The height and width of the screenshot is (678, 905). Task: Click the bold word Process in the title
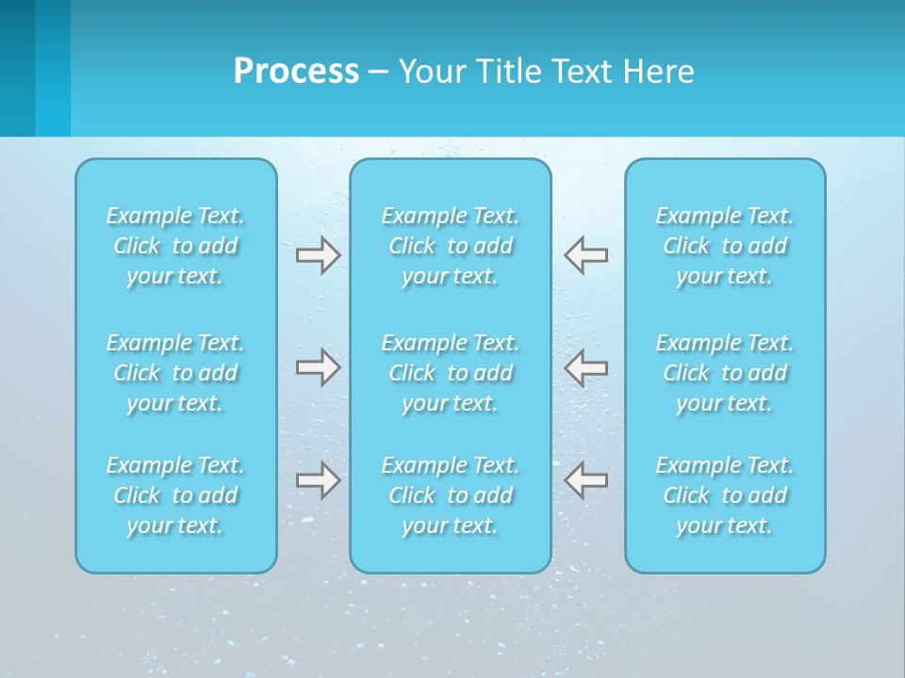(x=296, y=72)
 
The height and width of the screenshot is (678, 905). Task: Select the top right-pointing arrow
(x=318, y=255)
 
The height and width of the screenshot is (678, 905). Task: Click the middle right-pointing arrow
(x=318, y=367)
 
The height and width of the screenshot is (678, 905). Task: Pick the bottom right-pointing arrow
(x=318, y=480)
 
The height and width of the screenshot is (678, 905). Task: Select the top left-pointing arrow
(x=585, y=255)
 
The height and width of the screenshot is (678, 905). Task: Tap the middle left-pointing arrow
(x=585, y=367)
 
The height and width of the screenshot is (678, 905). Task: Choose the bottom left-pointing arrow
(x=585, y=480)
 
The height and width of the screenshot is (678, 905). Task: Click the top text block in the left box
(x=175, y=246)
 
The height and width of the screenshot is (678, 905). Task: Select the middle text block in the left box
(x=175, y=373)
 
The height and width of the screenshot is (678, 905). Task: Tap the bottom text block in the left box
(x=175, y=495)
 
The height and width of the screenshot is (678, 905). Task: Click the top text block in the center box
(x=450, y=246)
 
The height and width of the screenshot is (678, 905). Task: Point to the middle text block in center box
(x=450, y=373)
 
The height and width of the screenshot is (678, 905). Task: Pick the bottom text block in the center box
(x=450, y=495)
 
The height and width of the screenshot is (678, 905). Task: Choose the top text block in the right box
(x=724, y=246)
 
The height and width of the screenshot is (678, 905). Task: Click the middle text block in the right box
(x=724, y=373)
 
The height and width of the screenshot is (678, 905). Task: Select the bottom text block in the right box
(x=724, y=495)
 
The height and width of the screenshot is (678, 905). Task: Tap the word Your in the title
(x=431, y=72)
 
